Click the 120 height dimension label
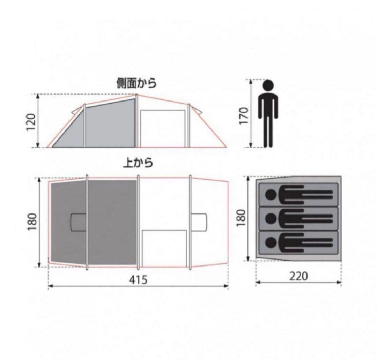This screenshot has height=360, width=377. tap(31, 121)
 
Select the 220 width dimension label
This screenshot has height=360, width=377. tap(299, 276)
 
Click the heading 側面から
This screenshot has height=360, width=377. tap(136, 84)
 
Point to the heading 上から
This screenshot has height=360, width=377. tap(138, 163)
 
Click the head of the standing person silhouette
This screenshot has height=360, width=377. tap(268, 85)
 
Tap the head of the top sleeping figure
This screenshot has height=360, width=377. tap(270, 194)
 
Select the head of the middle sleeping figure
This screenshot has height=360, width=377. tap(270, 218)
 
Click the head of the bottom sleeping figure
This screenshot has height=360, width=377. tap(270, 242)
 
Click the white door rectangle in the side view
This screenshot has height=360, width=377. tap(162, 128)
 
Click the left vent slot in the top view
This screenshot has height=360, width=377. tap(79, 222)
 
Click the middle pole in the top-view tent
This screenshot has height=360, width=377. tap(138, 222)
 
